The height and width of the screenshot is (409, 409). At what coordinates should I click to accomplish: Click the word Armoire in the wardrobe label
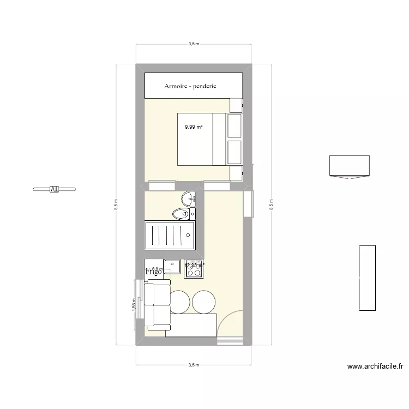[x=178, y=86]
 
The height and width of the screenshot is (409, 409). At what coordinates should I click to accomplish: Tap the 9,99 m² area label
[x=194, y=127]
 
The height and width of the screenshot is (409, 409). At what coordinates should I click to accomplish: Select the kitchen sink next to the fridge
[x=173, y=267]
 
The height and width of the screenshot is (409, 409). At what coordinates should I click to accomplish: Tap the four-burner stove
[x=195, y=268]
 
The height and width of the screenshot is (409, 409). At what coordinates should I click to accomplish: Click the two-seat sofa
[x=156, y=305]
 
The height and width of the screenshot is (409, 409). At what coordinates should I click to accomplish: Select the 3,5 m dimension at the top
[x=193, y=44]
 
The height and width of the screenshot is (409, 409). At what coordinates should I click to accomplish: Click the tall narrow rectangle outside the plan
[x=368, y=278]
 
